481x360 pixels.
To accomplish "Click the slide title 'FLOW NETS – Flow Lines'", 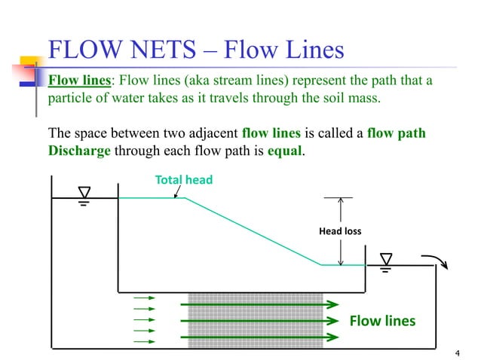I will (x=196, y=50).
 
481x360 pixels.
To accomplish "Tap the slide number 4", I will (x=458, y=353).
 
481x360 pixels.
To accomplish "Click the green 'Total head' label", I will (x=184, y=180).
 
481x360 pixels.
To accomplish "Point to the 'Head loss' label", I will (x=343, y=230).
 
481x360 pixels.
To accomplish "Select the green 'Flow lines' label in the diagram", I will (x=382, y=322).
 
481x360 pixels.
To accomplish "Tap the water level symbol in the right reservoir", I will (x=386, y=261).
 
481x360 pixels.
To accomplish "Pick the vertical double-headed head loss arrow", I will (x=341, y=231).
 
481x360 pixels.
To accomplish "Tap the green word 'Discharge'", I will (x=79, y=150).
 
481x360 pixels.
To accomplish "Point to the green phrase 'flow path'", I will (x=397, y=134).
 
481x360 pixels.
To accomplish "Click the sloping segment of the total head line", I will (x=253, y=231).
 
